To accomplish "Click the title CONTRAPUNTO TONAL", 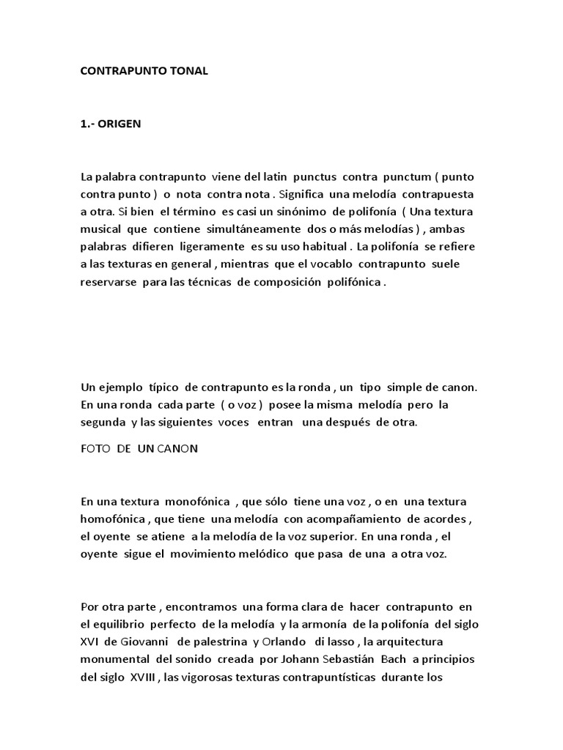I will pyautogui.click(x=144, y=71).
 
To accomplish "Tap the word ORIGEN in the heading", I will pyautogui.click(x=119, y=124).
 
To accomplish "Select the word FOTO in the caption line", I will pyautogui.click(x=94, y=449).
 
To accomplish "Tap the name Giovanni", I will pyautogui.click(x=150, y=642).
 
